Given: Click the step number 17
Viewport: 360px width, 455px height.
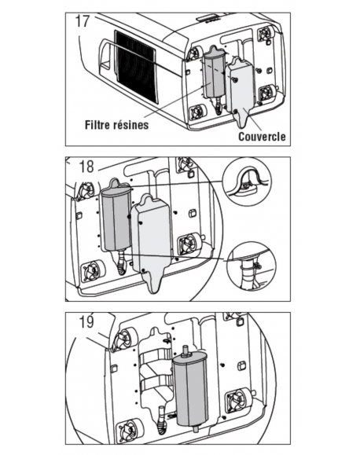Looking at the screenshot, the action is point(83,20).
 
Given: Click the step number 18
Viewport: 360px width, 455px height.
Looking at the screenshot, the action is point(86,167).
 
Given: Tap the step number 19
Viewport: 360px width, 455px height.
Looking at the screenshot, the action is point(86,321).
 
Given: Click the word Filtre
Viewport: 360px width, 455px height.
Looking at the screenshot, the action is point(97,124).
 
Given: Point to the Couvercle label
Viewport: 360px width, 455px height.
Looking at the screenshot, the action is point(262,137).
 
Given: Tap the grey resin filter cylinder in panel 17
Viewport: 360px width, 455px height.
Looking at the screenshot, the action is point(214,75).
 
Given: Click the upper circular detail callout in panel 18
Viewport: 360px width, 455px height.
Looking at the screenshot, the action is point(246,183).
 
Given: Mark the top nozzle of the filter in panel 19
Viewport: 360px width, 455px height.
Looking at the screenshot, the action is point(186,350).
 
